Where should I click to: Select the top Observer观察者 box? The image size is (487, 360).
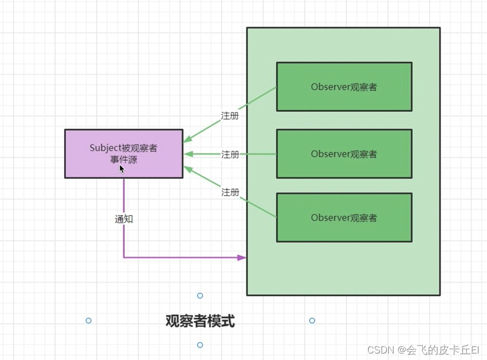pyautogui.click(x=344, y=87)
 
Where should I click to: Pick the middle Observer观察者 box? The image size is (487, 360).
pyautogui.click(x=344, y=154)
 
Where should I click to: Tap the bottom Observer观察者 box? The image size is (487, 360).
pyautogui.click(x=344, y=218)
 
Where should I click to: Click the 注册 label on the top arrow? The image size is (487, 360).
pyautogui.click(x=230, y=116)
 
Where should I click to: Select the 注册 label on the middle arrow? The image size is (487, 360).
pyautogui.click(x=230, y=155)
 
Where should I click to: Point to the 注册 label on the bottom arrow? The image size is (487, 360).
pyautogui.click(x=230, y=192)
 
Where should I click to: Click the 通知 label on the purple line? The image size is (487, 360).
pyautogui.click(x=124, y=219)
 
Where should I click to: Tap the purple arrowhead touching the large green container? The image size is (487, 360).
pyautogui.click(x=242, y=258)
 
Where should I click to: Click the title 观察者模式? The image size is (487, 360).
pyautogui.click(x=200, y=322)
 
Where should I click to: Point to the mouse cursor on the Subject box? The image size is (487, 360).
pyautogui.click(x=122, y=169)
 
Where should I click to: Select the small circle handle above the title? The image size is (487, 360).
pyautogui.click(x=200, y=295)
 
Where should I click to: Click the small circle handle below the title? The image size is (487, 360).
pyautogui.click(x=200, y=345)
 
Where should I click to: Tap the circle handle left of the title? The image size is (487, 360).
pyautogui.click(x=88, y=321)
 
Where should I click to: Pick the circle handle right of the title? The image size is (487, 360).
pyautogui.click(x=312, y=321)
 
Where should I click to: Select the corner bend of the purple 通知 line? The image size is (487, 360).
pyautogui.click(x=124, y=258)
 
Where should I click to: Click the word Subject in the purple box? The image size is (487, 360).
pyautogui.click(x=104, y=148)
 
